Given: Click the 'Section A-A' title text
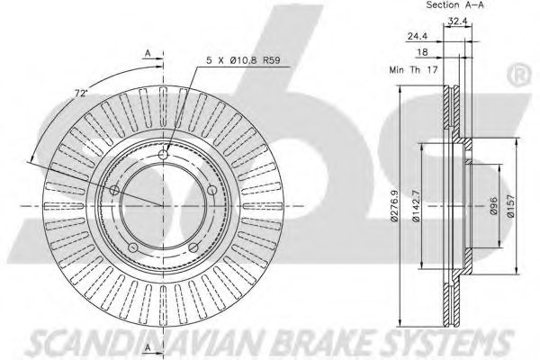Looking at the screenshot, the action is click(454, 5).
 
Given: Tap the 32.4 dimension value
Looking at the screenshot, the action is click(457, 21).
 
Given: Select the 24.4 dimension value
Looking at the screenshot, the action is click(418, 36).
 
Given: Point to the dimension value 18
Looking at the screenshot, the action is click(422, 52).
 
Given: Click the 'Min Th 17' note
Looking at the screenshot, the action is click(413, 69).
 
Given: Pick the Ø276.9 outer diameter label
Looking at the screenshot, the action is click(394, 206).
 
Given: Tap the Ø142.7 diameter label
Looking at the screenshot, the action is click(416, 206).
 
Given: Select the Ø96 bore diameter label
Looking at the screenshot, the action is click(493, 206).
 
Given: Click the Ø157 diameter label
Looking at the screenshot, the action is click(510, 206).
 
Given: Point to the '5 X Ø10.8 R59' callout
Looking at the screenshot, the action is click(243, 60).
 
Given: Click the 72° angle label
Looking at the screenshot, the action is click(82, 93).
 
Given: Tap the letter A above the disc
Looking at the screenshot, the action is click(148, 53).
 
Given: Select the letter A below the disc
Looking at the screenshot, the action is click(148, 347).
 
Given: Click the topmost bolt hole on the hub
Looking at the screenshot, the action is click(163, 155).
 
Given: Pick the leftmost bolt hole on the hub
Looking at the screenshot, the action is click(114, 190).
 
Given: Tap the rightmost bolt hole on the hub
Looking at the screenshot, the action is click(212, 190).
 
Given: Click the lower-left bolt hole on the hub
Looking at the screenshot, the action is click(133, 247).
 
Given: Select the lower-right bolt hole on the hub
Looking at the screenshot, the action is click(193, 247).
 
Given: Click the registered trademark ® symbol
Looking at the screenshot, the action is click(520, 76).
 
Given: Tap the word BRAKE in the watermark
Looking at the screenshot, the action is click(318, 344).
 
